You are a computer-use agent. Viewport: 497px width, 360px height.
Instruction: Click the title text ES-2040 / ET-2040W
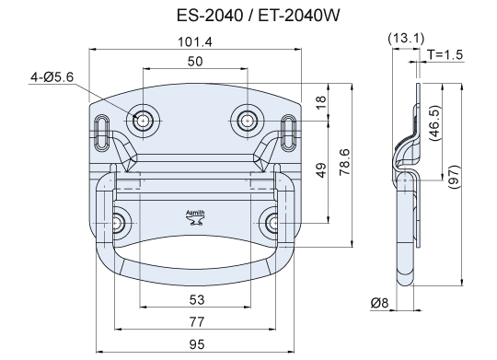pyautogui.click(x=258, y=16)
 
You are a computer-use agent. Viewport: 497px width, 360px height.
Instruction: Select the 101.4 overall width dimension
pyautogui.click(x=195, y=41)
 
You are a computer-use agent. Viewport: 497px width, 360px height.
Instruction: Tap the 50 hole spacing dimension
pyautogui.click(x=195, y=61)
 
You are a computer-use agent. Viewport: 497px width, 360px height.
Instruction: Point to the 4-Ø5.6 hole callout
pyautogui.click(x=52, y=77)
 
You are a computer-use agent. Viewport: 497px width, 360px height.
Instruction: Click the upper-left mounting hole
pyautogui.click(x=143, y=121)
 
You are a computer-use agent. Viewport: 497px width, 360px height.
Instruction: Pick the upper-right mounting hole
pyautogui.click(x=248, y=121)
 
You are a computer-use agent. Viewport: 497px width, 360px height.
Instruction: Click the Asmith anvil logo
pyautogui.click(x=195, y=217)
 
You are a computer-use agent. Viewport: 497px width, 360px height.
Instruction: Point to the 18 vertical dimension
pyautogui.click(x=321, y=102)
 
